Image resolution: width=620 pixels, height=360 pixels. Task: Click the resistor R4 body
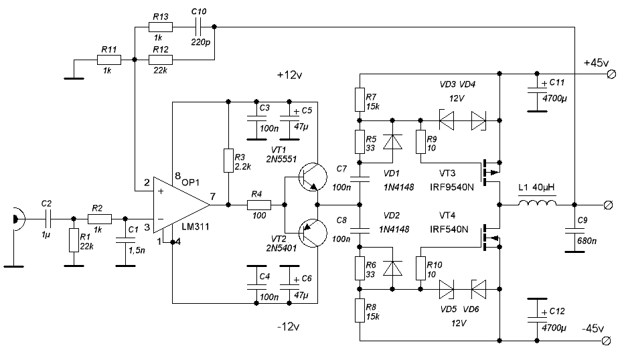pos(258,203)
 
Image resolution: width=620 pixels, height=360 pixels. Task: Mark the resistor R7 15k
pos(360,100)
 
